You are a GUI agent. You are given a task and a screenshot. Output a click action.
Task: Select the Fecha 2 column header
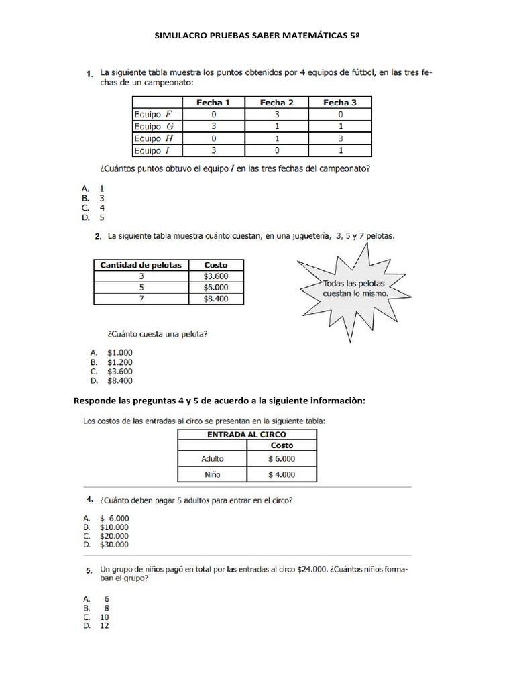coord(276,103)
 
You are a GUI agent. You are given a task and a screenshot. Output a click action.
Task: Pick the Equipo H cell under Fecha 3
coord(340,138)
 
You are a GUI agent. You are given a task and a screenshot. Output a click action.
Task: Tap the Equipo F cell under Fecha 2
coord(276,115)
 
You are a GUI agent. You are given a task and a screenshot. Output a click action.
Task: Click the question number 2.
coord(98,236)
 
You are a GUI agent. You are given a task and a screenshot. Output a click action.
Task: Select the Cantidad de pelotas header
coord(141,265)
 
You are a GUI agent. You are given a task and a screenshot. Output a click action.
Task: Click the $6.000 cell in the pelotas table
coord(216,287)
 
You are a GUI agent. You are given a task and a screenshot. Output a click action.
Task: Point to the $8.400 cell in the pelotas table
coord(216,299)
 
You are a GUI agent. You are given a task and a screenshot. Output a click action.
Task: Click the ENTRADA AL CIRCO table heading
coord(247,435)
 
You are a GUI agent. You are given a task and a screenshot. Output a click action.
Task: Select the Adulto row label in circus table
coord(212,459)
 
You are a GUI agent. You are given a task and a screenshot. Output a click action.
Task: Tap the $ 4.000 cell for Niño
coord(282,474)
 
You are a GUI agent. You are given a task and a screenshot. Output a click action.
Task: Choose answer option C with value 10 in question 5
coord(104,617)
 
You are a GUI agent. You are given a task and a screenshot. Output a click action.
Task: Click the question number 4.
coord(89,500)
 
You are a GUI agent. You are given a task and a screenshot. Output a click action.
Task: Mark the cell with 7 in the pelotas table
coord(141,299)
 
